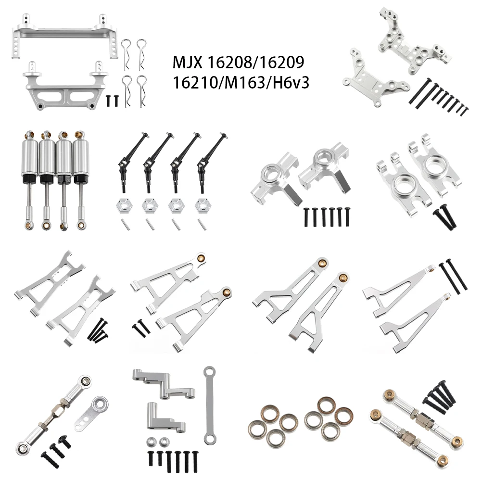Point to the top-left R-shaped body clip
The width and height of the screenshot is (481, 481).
pyautogui.click(x=126, y=48)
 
